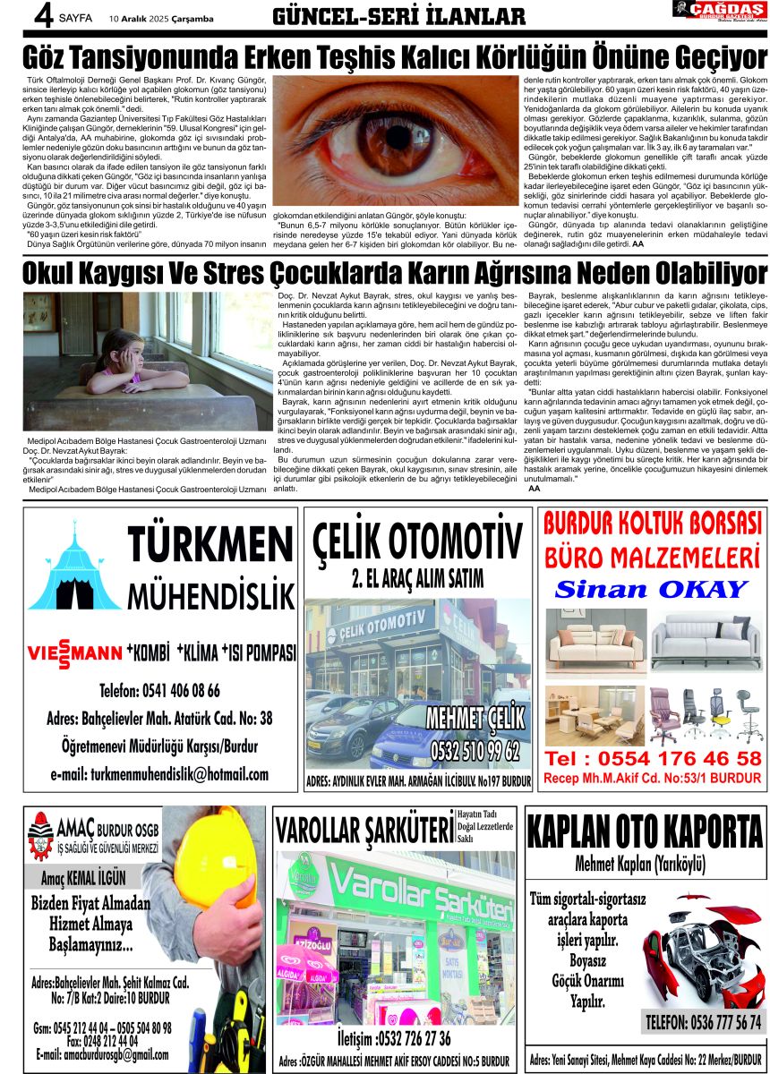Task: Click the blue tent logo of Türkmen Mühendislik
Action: coord(73,573)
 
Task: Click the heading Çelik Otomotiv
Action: coord(417,544)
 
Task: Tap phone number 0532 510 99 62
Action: coord(475,748)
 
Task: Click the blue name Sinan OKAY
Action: coord(650,589)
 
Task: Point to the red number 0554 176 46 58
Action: coord(654,759)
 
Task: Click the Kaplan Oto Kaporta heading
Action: coord(645,831)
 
